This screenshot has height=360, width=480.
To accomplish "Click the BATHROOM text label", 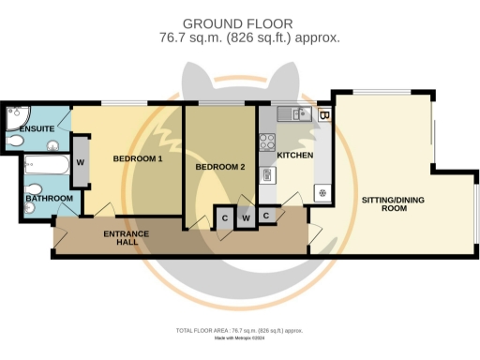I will click(x=49, y=198).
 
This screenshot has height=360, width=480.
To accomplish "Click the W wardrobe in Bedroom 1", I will click(x=81, y=161).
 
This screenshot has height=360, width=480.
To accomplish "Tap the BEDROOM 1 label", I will click(x=138, y=159).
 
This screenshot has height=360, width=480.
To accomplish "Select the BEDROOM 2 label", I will click(x=219, y=167).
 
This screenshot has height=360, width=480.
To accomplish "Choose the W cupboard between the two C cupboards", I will click(x=246, y=218).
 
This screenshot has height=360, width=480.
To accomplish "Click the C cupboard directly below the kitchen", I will click(x=266, y=216).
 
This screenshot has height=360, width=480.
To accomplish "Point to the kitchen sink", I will click(x=298, y=114).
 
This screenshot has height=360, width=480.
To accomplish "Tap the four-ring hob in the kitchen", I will click(x=266, y=143).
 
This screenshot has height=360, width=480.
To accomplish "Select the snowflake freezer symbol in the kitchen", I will click(x=322, y=194).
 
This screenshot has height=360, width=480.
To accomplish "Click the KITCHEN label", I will click(x=294, y=155).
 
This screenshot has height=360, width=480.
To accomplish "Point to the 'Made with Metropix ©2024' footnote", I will click(x=240, y=338).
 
